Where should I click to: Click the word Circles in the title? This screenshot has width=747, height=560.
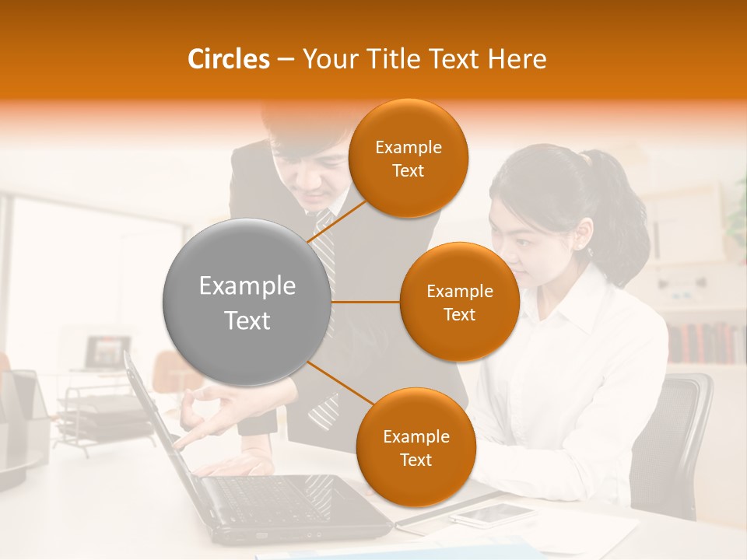pyautogui.click(x=228, y=59)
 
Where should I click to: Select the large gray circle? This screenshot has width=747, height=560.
pyautogui.click(x=247, y=302)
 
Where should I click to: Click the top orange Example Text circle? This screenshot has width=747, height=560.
pyautogui.click(x=408, y=158)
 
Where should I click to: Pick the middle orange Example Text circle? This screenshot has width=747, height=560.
pyautogui.click(x=459, y=302)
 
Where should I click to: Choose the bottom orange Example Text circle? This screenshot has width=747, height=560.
pyautogui.click(x=416, y=447)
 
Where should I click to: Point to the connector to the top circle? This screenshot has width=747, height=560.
pyautogui.click(x=336, y=221)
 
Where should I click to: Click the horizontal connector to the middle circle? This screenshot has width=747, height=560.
pyautogui.click(x=366, y=302)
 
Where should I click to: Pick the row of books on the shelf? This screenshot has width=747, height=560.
pyautogui.click(x=704, y=343)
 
